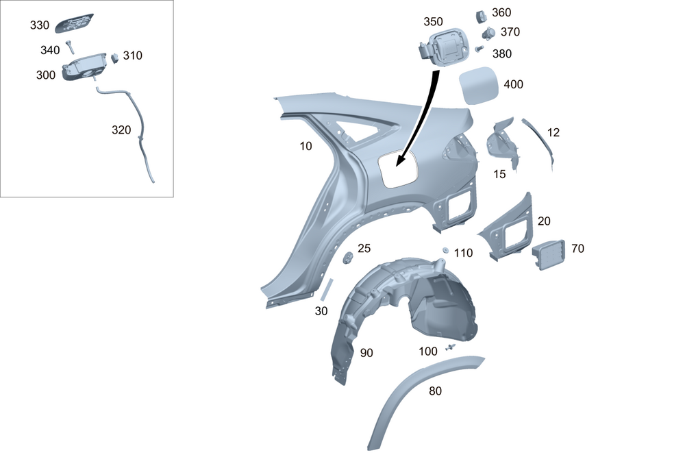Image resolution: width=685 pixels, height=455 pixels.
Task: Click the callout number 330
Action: (x=39, y=25)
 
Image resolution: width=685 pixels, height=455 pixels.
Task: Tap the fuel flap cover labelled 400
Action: (x=478, y=86)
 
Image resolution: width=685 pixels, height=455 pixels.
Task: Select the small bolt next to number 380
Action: (x=480, y=49)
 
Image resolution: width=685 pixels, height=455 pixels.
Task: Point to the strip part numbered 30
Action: (x=326, y=289)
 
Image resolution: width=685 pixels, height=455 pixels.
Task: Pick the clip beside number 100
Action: (x=450, y=347)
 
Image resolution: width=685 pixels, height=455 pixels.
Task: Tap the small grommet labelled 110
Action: (x=446, y=250)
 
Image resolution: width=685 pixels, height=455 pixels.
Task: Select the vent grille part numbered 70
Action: (x=548, y=254)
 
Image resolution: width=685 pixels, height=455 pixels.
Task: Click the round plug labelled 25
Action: (x=348, y=258)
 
